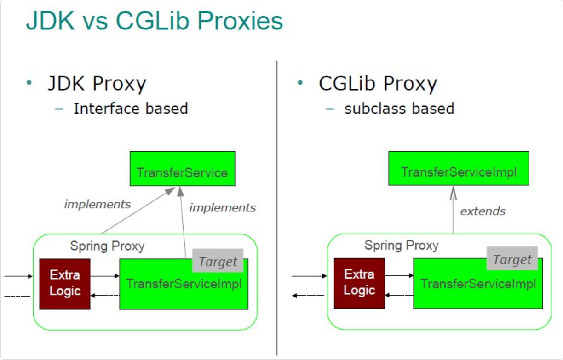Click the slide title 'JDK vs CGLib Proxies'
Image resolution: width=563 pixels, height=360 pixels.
pos(154,22)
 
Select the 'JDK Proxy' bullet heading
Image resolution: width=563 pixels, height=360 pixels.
pos(97,84)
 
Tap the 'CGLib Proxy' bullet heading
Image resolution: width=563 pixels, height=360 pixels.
pos(378,84)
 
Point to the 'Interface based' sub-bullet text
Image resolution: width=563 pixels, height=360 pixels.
pos(131,109)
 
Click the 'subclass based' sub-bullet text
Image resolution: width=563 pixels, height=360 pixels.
pos(399,109)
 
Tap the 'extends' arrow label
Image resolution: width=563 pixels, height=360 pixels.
pos(483,211)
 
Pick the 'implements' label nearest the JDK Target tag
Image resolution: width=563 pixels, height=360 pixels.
pos(223,208)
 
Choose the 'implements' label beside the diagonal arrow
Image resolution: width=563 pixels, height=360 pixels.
pos(98,204)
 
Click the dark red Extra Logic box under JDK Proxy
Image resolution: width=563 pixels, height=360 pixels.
pos(65,284)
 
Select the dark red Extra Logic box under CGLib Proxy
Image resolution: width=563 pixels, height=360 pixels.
pos(359,283)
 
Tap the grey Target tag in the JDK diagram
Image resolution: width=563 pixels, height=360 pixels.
pos(218,262)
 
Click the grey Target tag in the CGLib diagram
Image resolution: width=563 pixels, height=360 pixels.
pos(512,260)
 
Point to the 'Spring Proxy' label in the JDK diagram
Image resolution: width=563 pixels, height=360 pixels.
pos(107,246)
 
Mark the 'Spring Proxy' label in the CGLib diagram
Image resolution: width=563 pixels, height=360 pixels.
pos(402,245)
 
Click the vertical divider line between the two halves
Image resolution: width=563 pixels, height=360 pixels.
pos(277,207)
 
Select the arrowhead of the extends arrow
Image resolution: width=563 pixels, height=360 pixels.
pos(453,192)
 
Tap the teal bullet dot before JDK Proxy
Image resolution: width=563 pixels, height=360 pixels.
pos(30,83)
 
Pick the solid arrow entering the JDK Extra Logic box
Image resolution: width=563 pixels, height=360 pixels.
pos(18,276)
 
